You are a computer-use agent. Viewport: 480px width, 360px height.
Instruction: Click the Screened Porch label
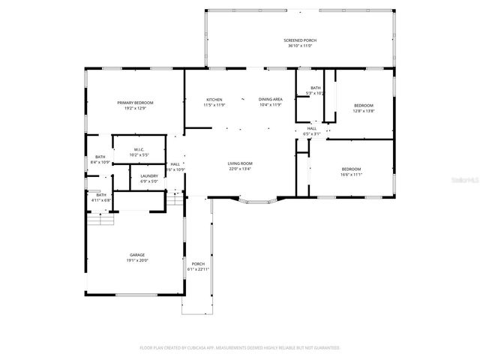pos(299,40)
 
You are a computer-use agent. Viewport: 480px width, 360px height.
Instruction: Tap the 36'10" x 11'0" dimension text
pos(299,46)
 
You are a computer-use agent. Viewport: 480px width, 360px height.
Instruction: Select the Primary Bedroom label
pos(135,102)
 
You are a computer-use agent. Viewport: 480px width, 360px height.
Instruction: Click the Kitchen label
pos(214,99)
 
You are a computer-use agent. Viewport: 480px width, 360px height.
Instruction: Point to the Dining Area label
pos(270,99)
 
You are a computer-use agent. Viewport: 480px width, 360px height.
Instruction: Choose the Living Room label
pos(240,163)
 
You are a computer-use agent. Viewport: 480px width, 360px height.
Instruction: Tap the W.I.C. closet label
pos(139,149)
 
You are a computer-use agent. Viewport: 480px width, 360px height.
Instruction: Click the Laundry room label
pos(148,175)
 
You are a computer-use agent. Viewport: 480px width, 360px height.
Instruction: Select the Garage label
pos(136,255)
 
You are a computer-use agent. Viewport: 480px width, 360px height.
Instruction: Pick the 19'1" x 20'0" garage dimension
pos(136,261)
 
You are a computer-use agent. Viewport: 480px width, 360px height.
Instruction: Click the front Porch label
pos(198,263)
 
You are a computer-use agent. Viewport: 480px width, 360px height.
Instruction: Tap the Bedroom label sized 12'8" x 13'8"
pos(364,105)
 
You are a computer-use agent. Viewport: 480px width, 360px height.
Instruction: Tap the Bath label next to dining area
pos(316,88)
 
